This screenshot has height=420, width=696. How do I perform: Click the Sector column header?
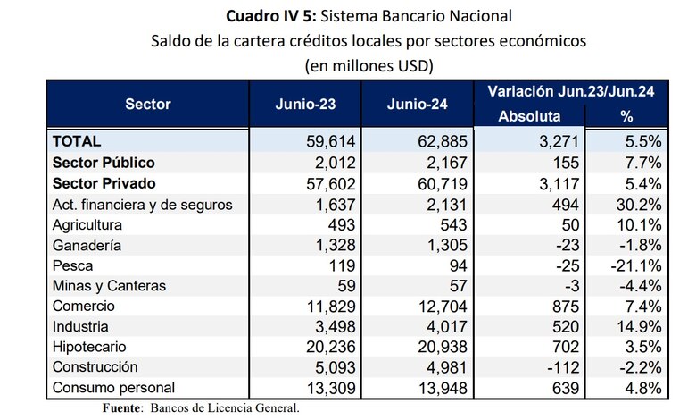pos(148,104)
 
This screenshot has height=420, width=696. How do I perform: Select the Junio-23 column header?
pos(306,104)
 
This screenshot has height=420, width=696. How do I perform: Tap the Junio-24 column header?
pos(418,104)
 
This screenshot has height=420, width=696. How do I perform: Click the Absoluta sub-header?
pos(529,116)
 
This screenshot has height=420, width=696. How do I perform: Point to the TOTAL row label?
pos(78,141)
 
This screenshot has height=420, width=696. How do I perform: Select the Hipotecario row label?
pos(90,346)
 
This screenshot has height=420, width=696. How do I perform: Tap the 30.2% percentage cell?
pos(638,204)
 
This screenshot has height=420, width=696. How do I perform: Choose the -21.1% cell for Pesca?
pos(635,265)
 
